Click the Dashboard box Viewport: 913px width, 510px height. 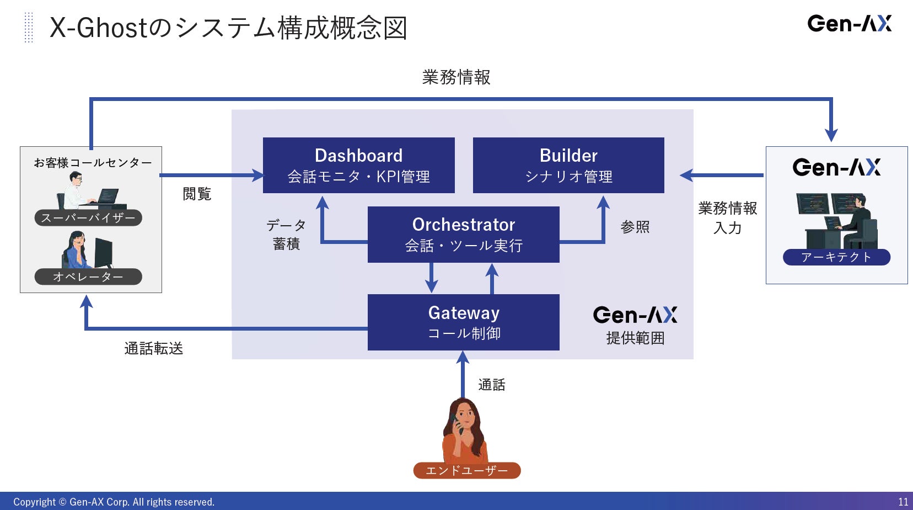[x=358, y=165]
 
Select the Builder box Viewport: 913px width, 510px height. [x=568, y=165]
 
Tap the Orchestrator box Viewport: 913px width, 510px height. [x=463, y=234]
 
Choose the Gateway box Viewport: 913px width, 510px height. [x=463, y=322]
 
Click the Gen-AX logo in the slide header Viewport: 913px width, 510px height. [x=849, y=24]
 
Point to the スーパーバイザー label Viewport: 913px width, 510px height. [x=88, y=217]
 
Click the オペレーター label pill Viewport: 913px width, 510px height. [x=88, y=277]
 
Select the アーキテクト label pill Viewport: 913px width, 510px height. [x=836, y=257]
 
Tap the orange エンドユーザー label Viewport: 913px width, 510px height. [x=466, y=470]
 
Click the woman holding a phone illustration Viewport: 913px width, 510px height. [x=464, y=431]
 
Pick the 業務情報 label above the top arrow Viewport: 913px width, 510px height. [x=456, y=77]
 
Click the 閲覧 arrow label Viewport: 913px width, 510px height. [x=197, y=194]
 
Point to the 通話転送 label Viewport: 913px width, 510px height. [x=153, y=348]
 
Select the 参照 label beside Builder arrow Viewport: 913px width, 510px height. [x=635, y=227]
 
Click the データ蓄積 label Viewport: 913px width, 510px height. [x=286, y=234]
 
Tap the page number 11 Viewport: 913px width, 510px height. [x=903, y=502]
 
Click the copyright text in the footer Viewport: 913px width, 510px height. [x=114, y=502]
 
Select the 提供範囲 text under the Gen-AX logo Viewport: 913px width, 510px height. [x=635, y=338]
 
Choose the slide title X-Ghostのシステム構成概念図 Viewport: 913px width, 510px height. [x=228, y=28]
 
